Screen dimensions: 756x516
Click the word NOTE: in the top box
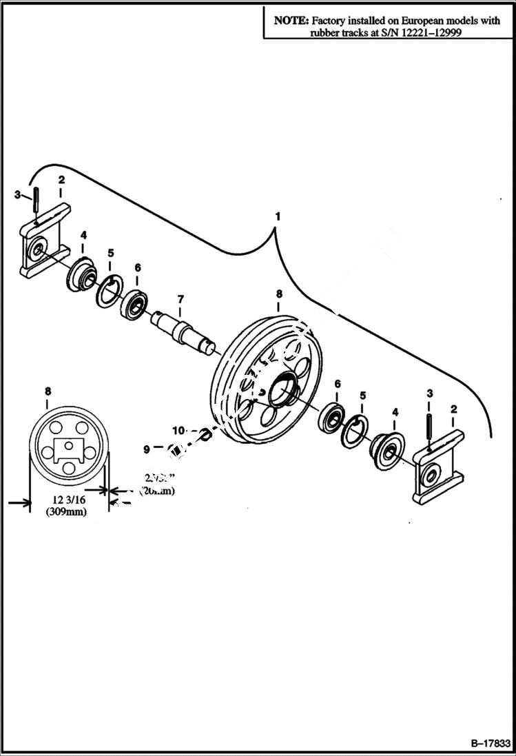pos(291,21)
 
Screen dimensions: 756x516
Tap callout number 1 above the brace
pos(278,216)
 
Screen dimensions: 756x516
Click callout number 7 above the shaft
pos(180,298)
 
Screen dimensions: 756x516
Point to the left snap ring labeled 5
pos(110,292)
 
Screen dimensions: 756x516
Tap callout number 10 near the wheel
pos(178,431)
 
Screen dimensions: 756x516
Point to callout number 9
pos(146,449)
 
